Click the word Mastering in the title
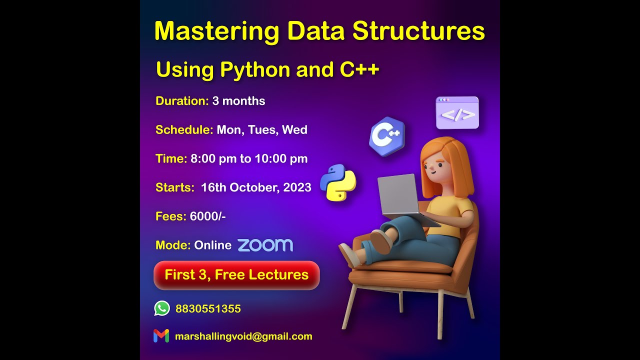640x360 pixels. (x=216, y=32)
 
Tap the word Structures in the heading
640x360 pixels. (x=418, y=32)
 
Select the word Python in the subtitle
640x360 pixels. (x=255, y=70)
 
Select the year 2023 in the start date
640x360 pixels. (x=297, y=187)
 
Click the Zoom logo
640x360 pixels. (x=265, y=245)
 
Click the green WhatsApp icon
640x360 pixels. (x=162, y=308)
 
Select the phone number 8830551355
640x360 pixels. (x=208, y=309)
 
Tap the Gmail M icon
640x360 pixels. (x=161, y=336)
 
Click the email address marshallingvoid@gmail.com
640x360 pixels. (x=243, y=336)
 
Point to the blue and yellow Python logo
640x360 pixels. (x=338, y=182)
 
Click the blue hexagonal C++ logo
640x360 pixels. (x=387, y=136)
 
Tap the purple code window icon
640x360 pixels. (x=457, y=113)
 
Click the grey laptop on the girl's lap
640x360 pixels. (x=398, y=195)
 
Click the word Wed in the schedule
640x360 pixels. (x=294, y=130)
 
